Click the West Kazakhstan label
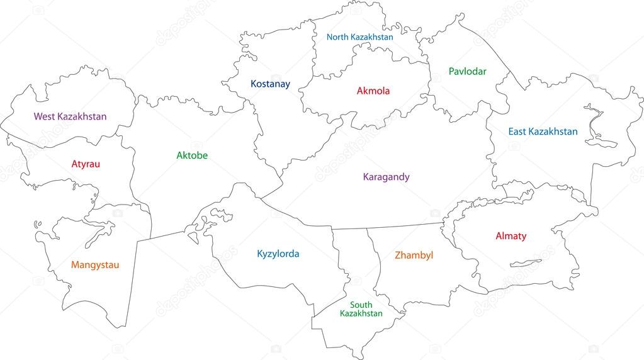(x=70, y=116)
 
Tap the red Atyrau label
(x=86, y=164)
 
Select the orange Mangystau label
(x=94, y=265)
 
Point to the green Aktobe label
(x=192, y=155)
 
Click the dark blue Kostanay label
(x=271, y=84)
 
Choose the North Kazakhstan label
(x=359, y=37)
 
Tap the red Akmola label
(x=373, y=91)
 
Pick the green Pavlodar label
(x=467, y=72)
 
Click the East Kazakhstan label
(x=543, y=132)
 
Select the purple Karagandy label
(x=386, y=177)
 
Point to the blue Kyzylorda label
(x=278, y=254)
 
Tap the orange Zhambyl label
(x=414, y=256)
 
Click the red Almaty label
(x=511, y=237)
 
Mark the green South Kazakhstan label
(x=361, y=309)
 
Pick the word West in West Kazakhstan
(x=44, y=116)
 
